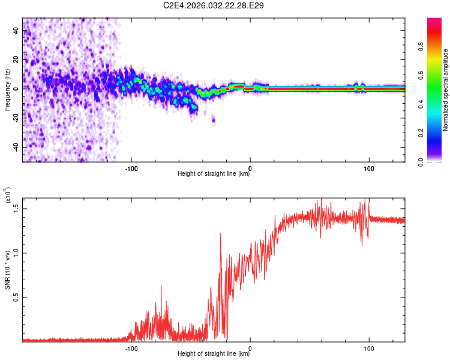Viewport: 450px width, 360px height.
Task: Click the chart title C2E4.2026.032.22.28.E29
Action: pos(213,5)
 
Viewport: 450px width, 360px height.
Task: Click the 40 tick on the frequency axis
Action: pos(16,31)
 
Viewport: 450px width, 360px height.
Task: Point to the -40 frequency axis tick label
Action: pos(16,147)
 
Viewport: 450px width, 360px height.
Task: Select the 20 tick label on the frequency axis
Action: pos(16,60)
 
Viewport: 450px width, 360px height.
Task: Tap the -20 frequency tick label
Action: pos(16,118)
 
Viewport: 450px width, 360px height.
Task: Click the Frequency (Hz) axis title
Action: pos(7,89)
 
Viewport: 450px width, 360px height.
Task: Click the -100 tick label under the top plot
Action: pos(131,169)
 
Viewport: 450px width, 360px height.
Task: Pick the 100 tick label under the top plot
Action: pos(369,169)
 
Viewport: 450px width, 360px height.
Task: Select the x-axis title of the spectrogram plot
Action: pos(213,173)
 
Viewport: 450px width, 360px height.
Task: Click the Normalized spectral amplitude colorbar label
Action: pos(445,90)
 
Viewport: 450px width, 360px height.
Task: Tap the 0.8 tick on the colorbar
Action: pos(421,46)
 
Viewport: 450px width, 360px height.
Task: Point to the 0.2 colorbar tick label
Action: pos(421,133)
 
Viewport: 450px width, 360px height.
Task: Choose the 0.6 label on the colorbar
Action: pos(421,75)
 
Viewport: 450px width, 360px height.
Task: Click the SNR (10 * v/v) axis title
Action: pos(7,270)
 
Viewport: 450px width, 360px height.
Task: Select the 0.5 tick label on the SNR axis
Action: pos(16,298)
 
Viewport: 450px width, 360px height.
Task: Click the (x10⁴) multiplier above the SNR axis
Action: pos(8,195)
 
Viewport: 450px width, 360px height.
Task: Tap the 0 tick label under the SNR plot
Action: pos(250,349)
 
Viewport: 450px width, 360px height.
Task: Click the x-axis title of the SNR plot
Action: pos(213,353)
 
